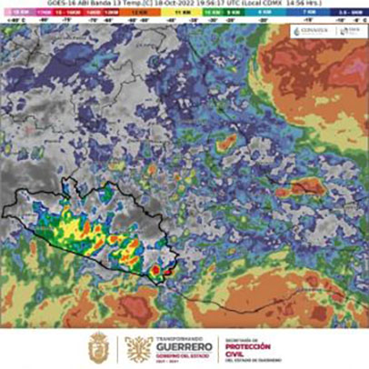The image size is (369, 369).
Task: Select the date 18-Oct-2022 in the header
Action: coord(194,5)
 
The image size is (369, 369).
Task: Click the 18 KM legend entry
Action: coord(19,14)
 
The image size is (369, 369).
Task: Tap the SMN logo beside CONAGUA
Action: coord(347,30)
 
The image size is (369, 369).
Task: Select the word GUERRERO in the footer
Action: coord(175,347)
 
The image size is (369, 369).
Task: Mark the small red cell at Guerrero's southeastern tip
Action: coord(156,270)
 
